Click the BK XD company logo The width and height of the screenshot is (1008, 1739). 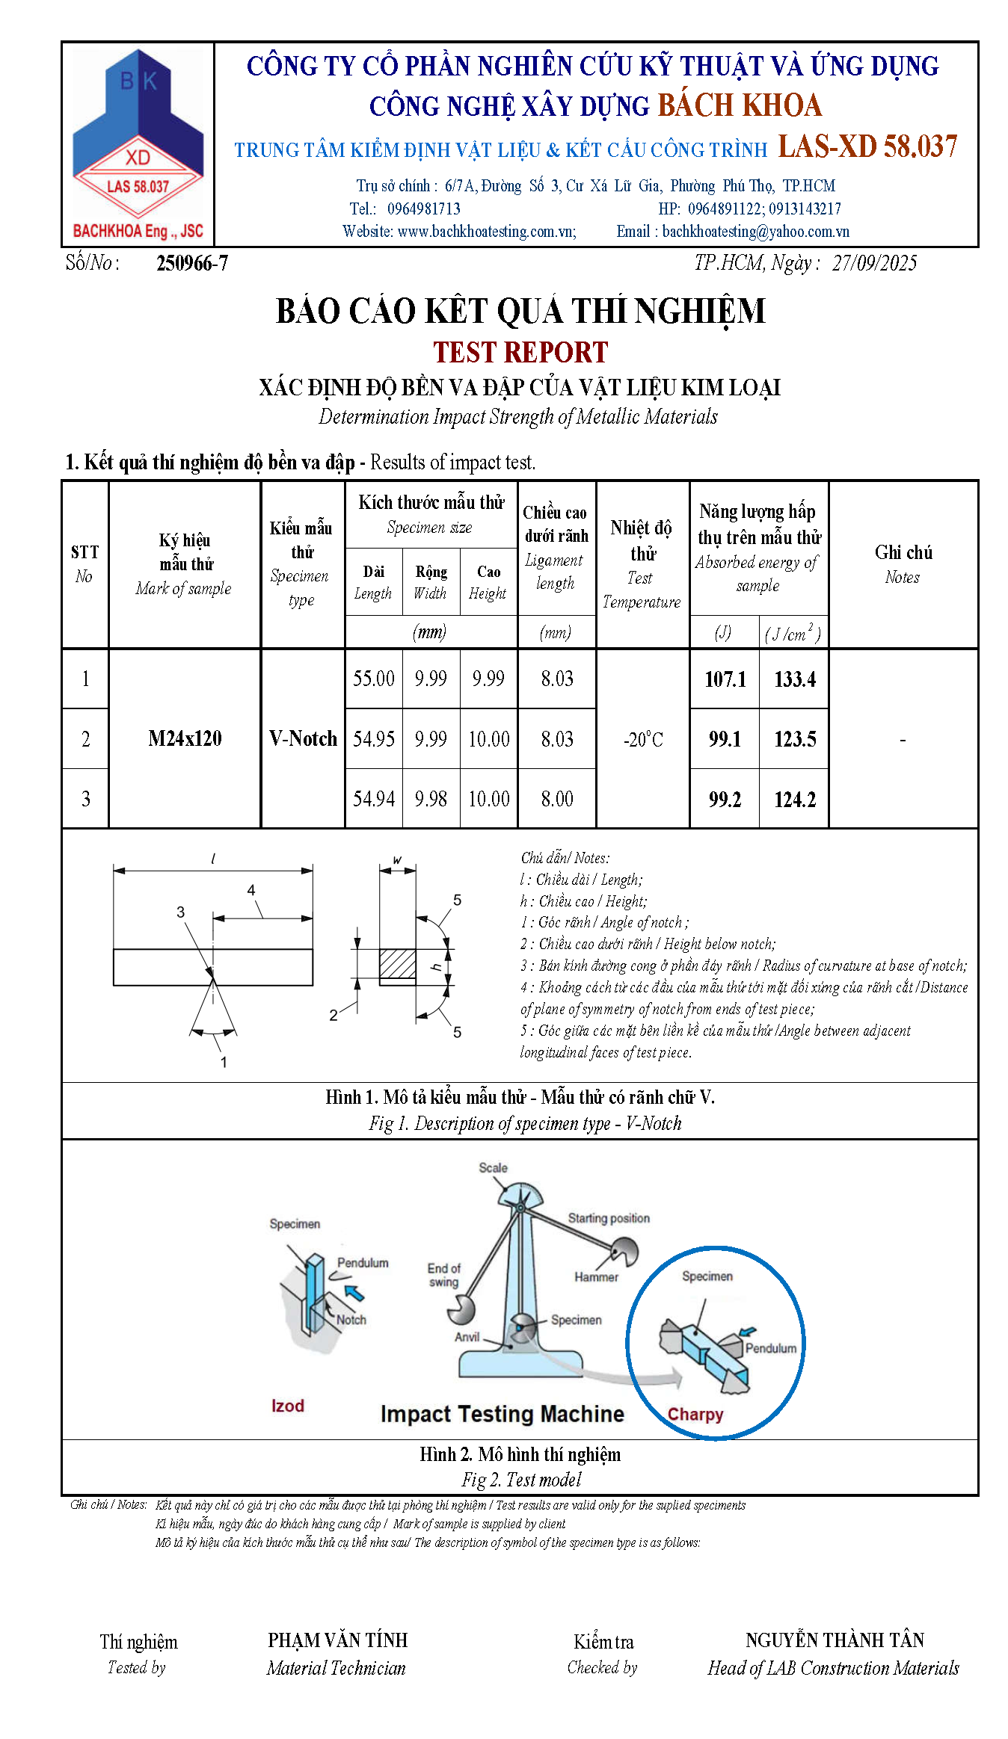138,144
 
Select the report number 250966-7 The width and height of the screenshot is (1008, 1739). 192,263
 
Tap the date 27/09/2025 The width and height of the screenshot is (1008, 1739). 874,262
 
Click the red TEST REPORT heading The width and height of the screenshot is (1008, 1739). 520,352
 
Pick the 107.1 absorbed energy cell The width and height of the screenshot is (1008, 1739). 725,679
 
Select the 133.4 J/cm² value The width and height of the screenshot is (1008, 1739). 794,679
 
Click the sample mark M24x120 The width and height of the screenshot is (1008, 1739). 185,738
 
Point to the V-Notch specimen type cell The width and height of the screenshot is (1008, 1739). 303,738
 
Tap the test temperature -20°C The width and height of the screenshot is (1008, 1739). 643,739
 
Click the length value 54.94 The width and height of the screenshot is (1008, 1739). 374,799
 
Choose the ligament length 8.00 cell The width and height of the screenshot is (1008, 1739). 557,799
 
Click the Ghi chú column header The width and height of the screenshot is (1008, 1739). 903,563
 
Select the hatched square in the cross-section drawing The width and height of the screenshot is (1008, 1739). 397,964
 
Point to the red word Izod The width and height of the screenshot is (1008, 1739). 288,1406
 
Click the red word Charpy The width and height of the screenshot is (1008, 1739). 695,1414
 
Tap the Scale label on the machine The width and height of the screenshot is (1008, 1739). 493,1167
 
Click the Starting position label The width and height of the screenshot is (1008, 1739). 609,1218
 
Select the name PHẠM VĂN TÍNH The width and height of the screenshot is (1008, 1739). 338,1640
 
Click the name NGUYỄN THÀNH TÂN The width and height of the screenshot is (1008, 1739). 835,1640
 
